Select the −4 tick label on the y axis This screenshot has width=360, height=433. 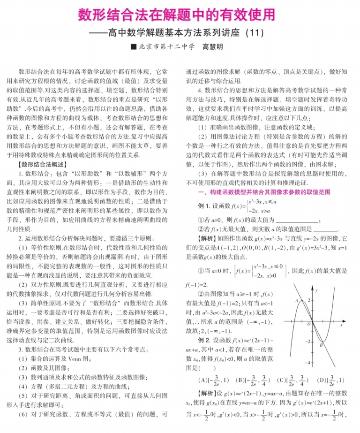tap(308, 363)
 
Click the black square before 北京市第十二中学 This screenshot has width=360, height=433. tap(134, 47)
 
